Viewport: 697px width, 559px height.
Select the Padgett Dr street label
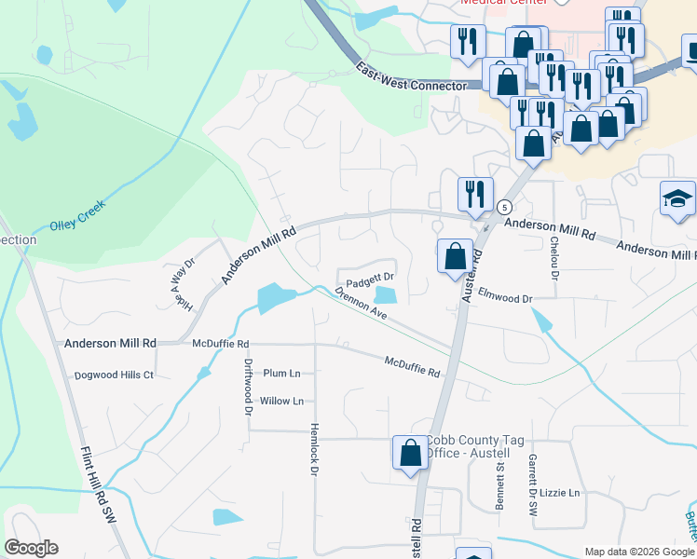371,278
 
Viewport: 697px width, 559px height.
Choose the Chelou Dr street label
554,258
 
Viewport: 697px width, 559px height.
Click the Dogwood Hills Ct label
115,375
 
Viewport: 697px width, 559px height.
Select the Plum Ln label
281,374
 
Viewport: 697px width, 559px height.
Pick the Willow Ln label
281,402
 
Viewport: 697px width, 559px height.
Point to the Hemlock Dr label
314,453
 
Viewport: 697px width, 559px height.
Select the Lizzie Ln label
562,493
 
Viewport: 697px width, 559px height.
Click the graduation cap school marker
677,198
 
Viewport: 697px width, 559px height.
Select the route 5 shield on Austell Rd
504,206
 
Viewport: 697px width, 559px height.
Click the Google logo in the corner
31,548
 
